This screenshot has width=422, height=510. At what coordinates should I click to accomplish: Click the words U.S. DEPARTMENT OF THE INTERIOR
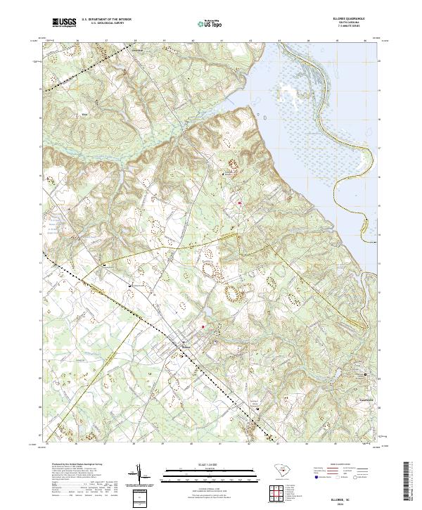pyautogui.click(x=106, y=19)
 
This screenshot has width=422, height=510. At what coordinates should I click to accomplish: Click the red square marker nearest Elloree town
pyautogui.click(x=204, y=326)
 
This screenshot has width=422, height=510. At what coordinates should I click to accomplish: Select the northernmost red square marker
pyautogui.click(x=240, y=203)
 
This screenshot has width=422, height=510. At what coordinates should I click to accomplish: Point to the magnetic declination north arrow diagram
pyautogui.click(x=140, y=478)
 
